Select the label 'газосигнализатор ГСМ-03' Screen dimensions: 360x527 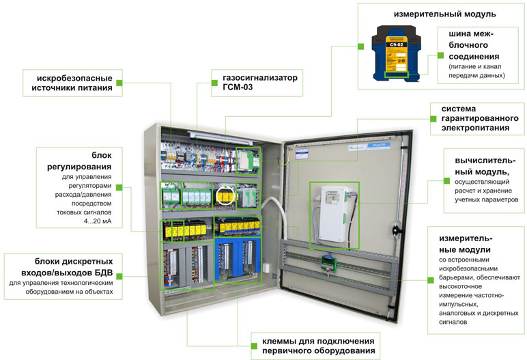click(255, 83)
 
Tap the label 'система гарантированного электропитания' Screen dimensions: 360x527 click(476, 118)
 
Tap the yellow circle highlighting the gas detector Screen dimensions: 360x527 click(225, 197)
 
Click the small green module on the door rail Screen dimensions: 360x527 click(329, 260)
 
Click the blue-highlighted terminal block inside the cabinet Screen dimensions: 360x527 click(237, 259)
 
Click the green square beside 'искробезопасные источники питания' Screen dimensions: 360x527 click(119, 83)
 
